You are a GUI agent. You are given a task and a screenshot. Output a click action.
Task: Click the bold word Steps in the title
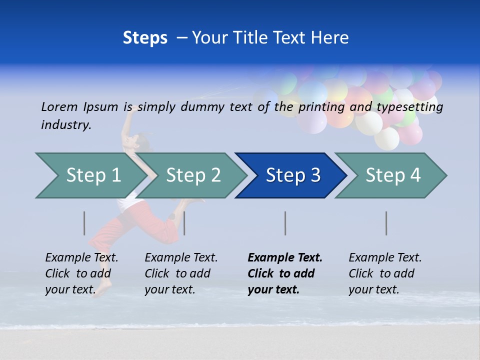coord(145,38)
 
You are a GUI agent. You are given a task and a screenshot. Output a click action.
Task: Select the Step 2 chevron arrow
coord(193,175)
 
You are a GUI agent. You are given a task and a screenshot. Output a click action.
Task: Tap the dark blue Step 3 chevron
coord(293,175)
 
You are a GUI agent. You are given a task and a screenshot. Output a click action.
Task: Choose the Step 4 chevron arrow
coord(393,175)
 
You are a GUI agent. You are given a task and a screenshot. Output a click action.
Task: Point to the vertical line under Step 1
coord(84,223)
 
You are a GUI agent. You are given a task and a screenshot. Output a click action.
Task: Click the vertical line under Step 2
coord(184,223)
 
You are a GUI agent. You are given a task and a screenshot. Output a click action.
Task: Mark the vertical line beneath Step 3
coord(285,223)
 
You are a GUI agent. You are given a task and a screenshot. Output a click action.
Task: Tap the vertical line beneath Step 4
coord(386,223)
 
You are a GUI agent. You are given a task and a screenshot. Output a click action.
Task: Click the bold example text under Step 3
coord(284,273)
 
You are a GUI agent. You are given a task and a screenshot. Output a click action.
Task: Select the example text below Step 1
coord(81,273)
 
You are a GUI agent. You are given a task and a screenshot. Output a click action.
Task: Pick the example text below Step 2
coord(181,273)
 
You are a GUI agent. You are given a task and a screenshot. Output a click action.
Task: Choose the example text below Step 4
coord(385,273)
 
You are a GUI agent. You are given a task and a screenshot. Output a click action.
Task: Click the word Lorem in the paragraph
coord(59,106)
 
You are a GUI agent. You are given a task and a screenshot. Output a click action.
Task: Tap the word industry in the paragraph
coord(66,125)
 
